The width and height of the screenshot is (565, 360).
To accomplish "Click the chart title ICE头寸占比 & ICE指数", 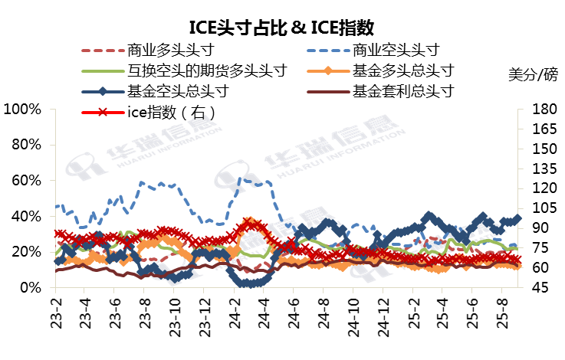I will tap(282, 28).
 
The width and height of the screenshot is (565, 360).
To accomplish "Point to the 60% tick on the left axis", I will tap(26, 181).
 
